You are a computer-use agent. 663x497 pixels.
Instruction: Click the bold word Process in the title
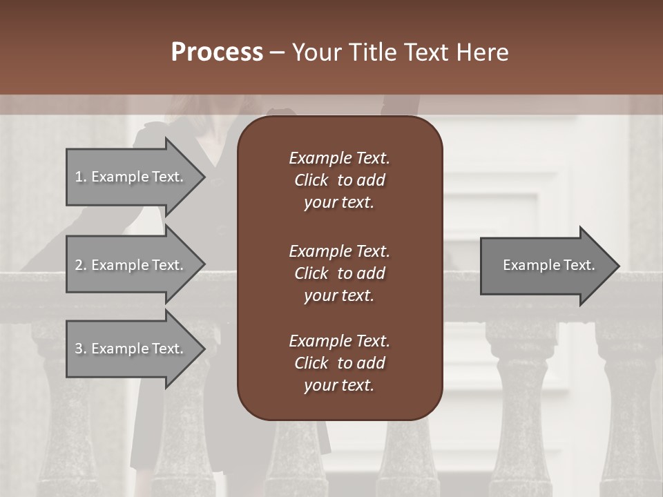tap(217, 52)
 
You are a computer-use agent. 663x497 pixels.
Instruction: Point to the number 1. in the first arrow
tap(81, 177)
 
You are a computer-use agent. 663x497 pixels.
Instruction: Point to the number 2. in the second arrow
tap(81, 265)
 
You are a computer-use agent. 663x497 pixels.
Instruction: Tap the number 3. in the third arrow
tap(81, 349)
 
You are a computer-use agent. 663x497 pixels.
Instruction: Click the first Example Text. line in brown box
tap(339, 158)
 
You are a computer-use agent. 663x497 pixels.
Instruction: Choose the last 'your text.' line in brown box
tap(339, 385)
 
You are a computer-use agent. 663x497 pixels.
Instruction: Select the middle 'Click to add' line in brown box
tap(339, 273)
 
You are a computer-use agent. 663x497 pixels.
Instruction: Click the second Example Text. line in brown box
tap(339, 251)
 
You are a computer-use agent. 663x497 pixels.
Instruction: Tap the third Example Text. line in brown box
tap(339, 341)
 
